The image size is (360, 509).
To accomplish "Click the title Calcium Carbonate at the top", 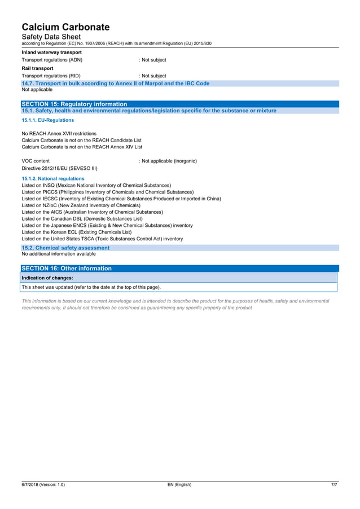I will pos(65,27).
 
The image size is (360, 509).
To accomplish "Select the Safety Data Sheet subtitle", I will pos(51,37).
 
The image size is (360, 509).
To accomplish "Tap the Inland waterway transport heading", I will pos(51,52).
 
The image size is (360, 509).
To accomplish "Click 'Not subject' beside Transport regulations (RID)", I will pos(153,76).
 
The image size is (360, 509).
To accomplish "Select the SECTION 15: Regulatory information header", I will pos(74,104).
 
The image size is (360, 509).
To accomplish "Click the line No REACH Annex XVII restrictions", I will pos(59,134).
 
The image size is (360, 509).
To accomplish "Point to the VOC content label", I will pos(36,161).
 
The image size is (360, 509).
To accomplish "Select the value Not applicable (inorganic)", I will pos(169,161).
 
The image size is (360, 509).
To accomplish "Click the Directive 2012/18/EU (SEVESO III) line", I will pos(59,168).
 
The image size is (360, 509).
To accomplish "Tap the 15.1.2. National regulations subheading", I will pos(52,178).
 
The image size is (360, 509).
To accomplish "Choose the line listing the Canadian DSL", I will pos(82,218).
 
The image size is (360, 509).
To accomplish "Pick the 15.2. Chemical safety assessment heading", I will pos(65,248).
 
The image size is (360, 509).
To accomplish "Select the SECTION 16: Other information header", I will pos(67,269).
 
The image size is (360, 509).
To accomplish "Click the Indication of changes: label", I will pos(47,278).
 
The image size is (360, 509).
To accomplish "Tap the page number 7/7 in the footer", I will pos(334,485).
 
